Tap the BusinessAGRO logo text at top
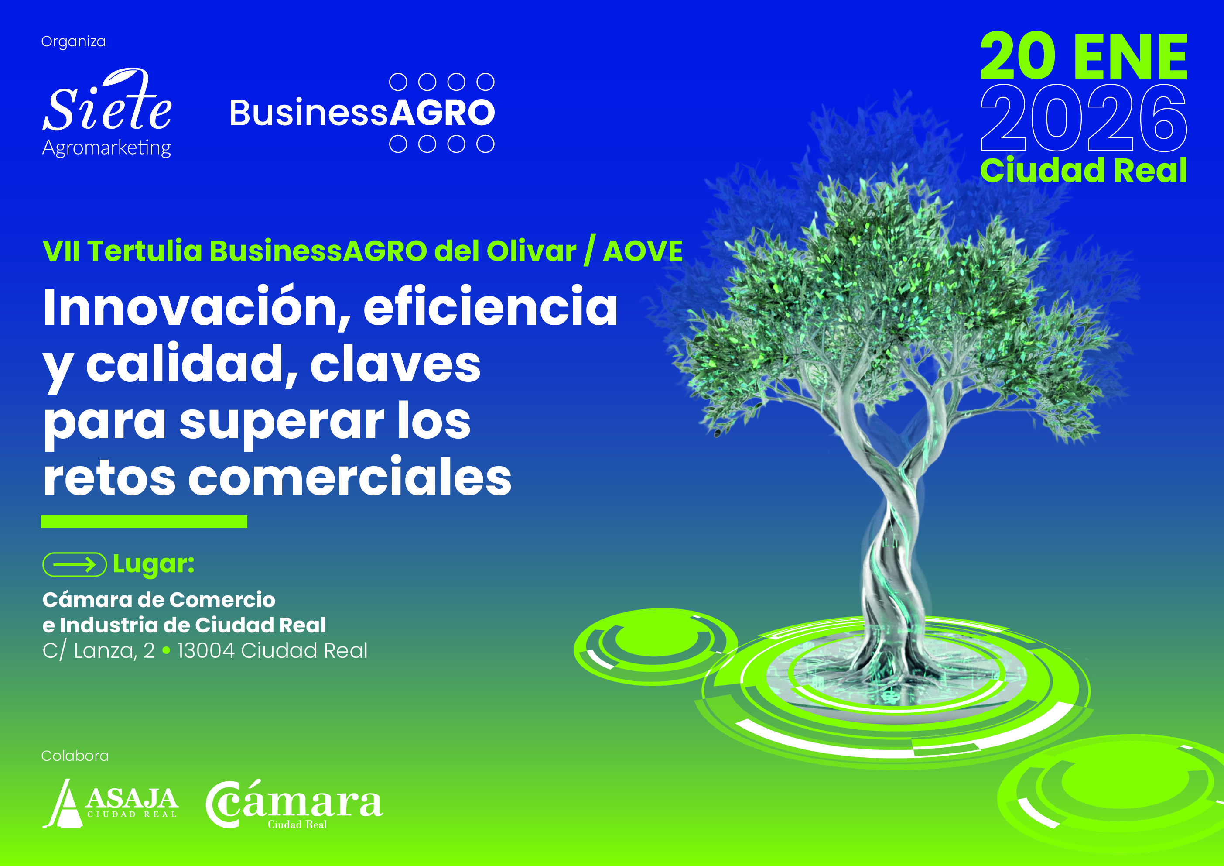pos(362,113)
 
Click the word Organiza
pos(74,41)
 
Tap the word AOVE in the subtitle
pos(643,251)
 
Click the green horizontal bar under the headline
pos(144,521)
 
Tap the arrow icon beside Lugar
pos(75,564)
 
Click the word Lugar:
pos(154,564)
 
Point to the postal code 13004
pos(206,650)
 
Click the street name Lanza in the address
pos(105,650)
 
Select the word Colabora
pos(75,756)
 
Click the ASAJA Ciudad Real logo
pos(110,804)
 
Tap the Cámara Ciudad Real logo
pos(294,804)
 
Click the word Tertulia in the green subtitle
pos(145,251)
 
